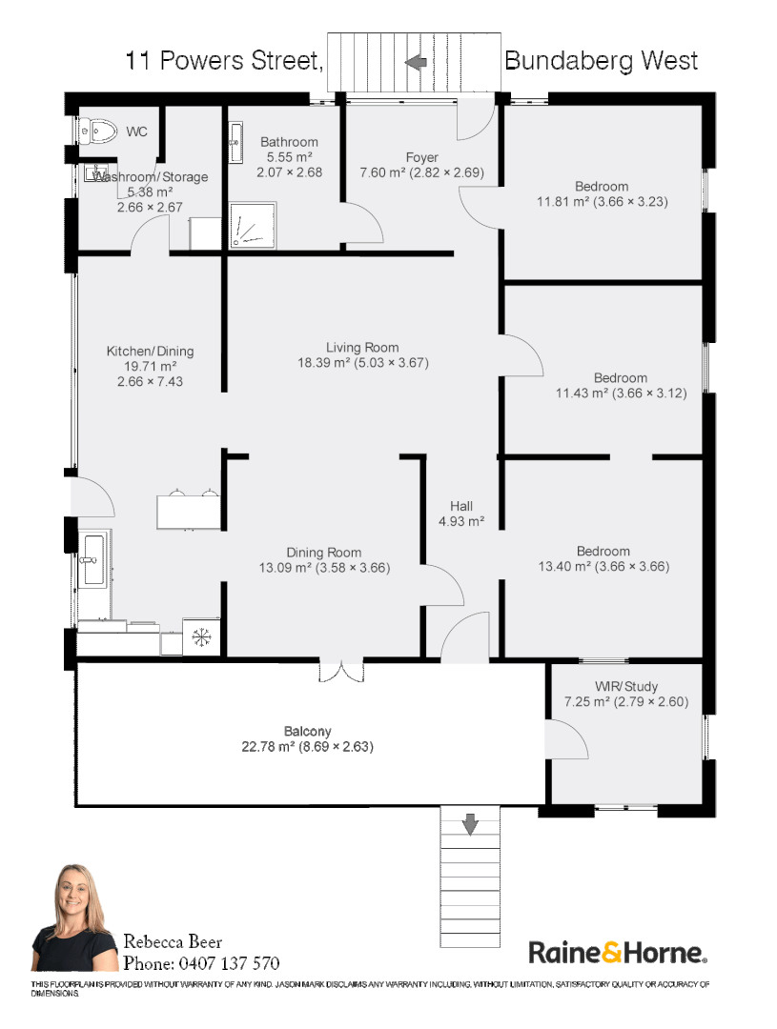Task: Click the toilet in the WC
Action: (98, 131)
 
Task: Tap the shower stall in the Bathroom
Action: (253, 225)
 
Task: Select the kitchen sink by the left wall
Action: (92, 560)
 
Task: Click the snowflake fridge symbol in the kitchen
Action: (201, 636)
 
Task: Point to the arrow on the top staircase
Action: (416, 62)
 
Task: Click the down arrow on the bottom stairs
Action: (470, 824)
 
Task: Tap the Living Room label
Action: (362, 347)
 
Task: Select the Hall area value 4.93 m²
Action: (461, 522)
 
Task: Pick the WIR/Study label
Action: (626, 686)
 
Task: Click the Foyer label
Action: (421, 157)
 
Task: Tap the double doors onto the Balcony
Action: (341, 671)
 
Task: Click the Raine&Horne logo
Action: (618, 952)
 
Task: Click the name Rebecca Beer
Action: (173, 941)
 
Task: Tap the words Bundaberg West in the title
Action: (601, 60)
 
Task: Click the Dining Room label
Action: (324, 553)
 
